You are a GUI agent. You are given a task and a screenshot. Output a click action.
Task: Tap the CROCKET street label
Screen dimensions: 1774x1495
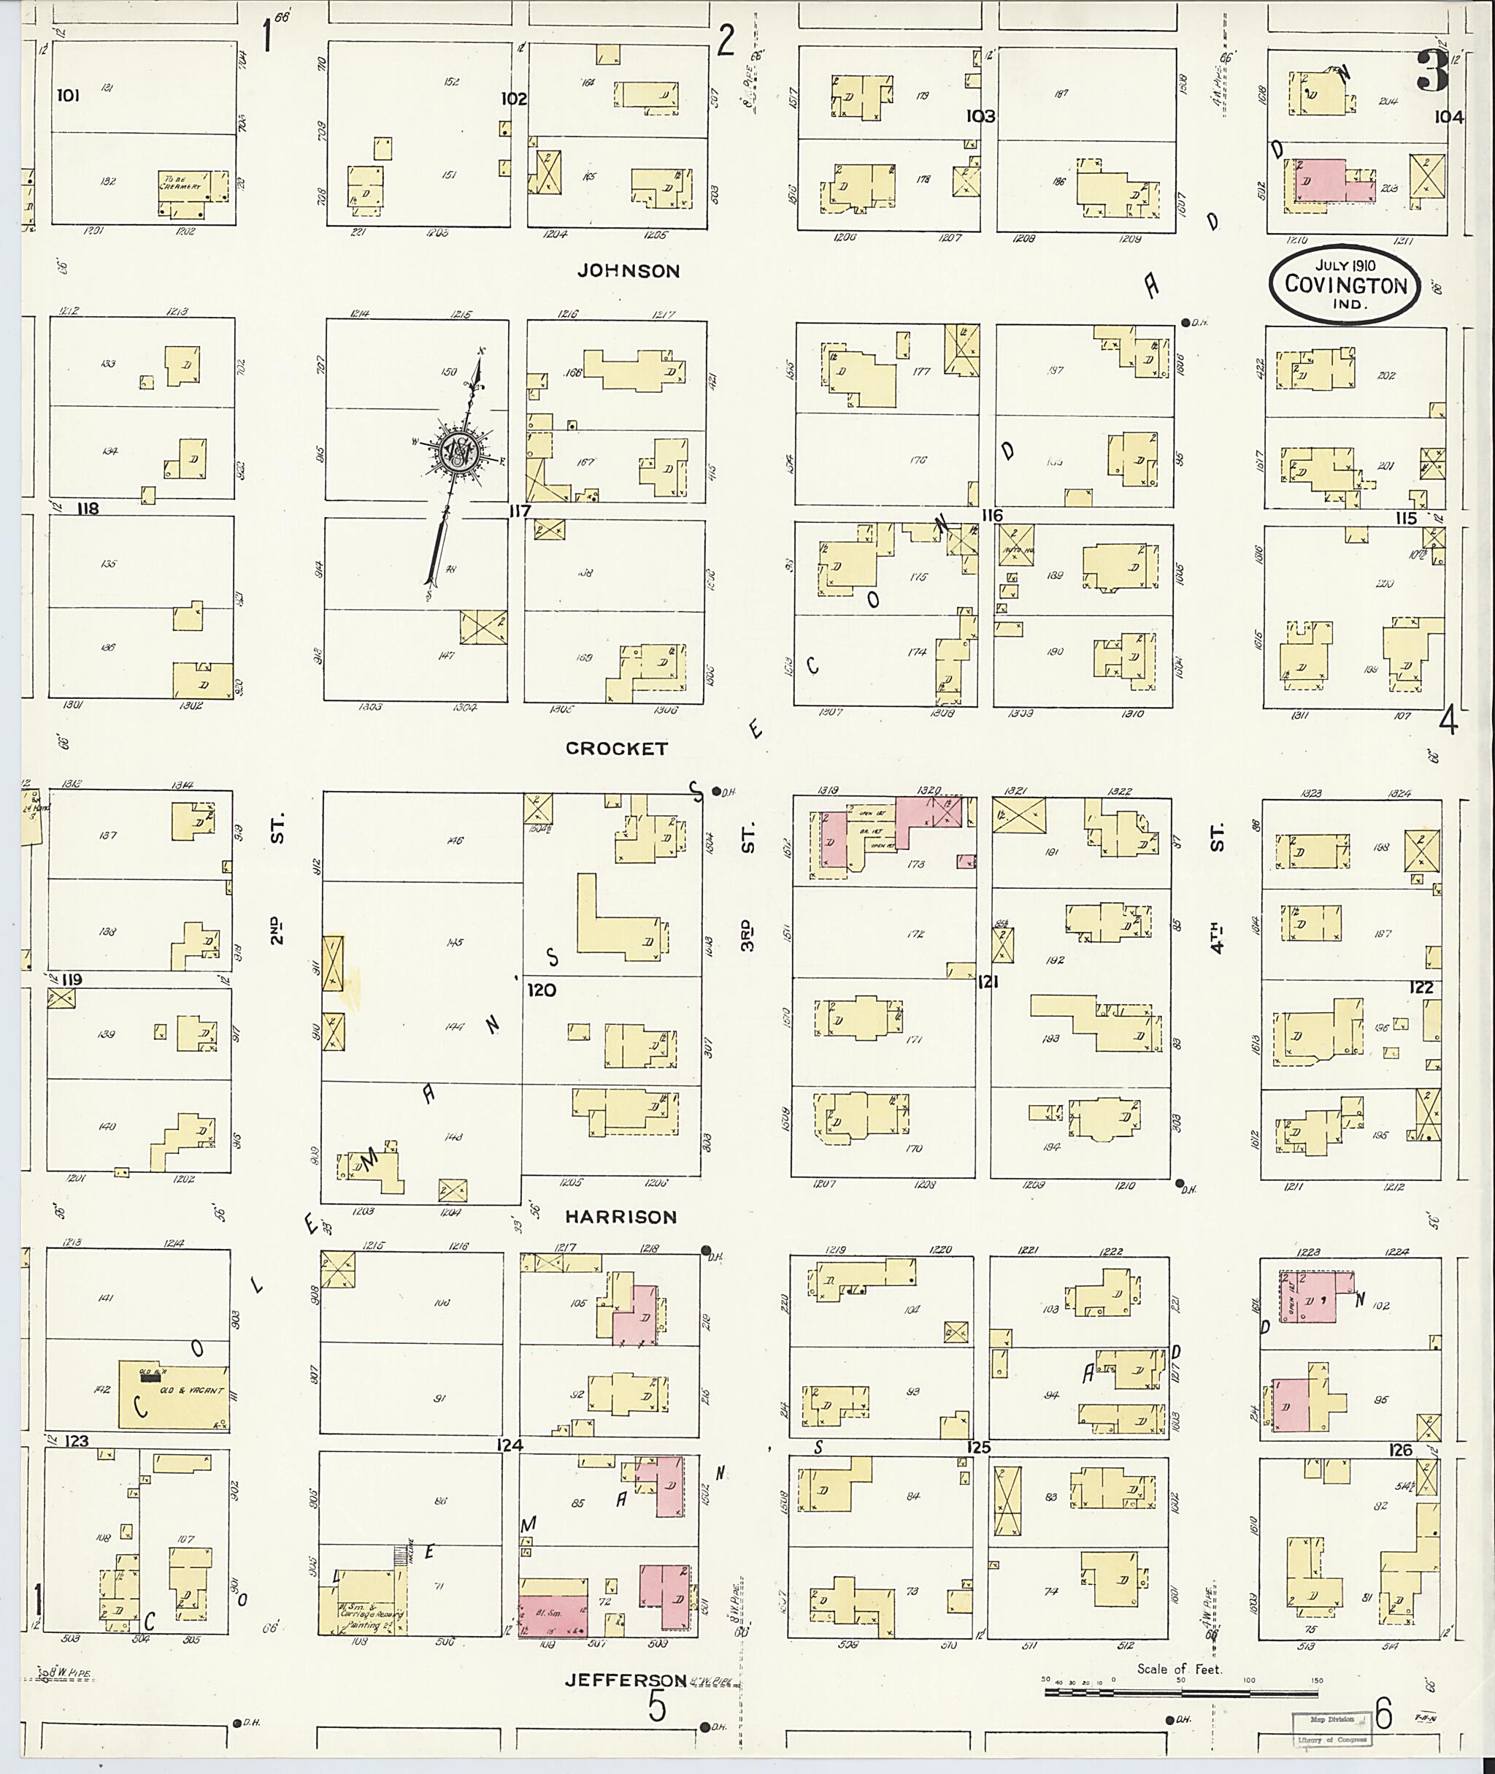(x=616, y=749)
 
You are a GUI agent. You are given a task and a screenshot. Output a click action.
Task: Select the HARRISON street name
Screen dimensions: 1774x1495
(x=621, y=1217)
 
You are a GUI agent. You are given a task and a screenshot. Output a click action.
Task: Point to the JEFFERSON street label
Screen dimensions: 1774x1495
(x=626, y=1680)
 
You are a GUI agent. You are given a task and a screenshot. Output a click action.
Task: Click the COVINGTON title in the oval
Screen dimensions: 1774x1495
(x=1345, y=285)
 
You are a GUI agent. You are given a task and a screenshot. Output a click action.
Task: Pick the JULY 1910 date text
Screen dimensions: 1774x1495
(x=1345, y=265)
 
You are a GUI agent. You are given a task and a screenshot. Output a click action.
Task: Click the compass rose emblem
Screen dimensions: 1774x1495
(x=460, y=457)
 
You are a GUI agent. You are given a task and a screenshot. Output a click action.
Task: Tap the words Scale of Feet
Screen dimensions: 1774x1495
(x=1179, y=1669)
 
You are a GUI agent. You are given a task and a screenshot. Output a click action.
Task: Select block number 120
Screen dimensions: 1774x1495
(x=542, y=990)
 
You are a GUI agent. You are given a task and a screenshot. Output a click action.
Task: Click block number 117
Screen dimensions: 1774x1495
(x=519, y=511)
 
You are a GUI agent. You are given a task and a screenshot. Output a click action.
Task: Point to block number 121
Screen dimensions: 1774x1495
(x=988, y=982)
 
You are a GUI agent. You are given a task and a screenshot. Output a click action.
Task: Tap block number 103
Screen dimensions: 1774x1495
(x=980, y=116)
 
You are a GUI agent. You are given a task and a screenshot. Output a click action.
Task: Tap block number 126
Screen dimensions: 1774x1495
(x=1400, y=1450)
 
